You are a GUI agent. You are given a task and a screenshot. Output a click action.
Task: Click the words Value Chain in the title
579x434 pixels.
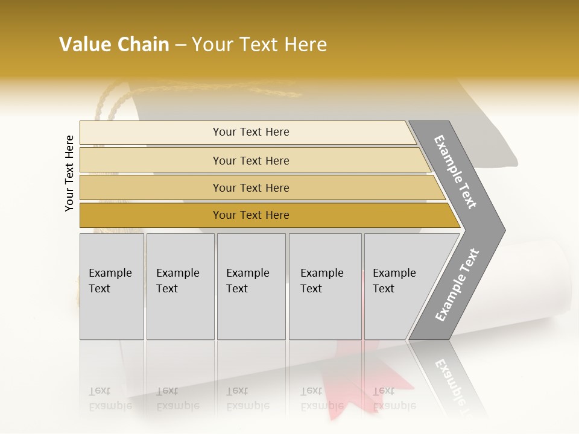pos(114,45)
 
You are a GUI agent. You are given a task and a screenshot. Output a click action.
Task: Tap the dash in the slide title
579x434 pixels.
pos(180,45)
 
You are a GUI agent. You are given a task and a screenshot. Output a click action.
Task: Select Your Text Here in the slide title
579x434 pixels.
pos(259,45)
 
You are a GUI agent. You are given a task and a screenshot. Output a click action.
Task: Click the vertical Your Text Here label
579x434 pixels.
pos(69,174)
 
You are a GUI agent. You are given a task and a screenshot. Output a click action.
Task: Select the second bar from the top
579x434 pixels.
pos(250,160)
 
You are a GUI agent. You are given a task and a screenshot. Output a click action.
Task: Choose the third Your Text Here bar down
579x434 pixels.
pos(250,187)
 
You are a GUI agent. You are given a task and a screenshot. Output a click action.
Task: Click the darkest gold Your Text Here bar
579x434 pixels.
pos(250,215)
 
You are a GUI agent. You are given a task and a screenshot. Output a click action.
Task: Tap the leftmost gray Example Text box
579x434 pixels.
pos(112,286)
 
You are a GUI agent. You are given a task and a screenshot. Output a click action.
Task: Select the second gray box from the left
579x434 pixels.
pos(180,286)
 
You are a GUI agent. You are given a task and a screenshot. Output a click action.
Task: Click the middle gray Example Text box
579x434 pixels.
pos(251,286)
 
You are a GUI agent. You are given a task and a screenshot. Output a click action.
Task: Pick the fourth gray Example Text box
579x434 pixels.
pos(325,286)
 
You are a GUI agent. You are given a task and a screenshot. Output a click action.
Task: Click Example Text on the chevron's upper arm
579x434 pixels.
pos(456,172)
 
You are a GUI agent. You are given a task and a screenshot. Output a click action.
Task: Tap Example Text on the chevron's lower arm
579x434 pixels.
pos(457,285)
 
